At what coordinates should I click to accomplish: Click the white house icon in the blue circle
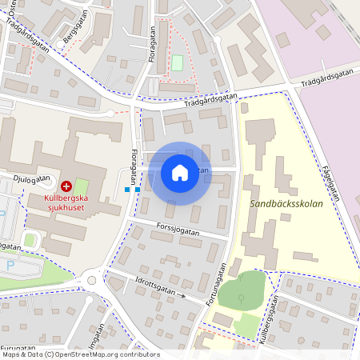[180, 172]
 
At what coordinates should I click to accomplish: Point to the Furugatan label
[17, 349]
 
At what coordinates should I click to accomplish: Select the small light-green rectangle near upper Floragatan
[177, 62]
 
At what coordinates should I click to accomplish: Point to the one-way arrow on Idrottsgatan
[182, 297]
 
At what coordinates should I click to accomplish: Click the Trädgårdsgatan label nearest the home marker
[210, 98]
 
